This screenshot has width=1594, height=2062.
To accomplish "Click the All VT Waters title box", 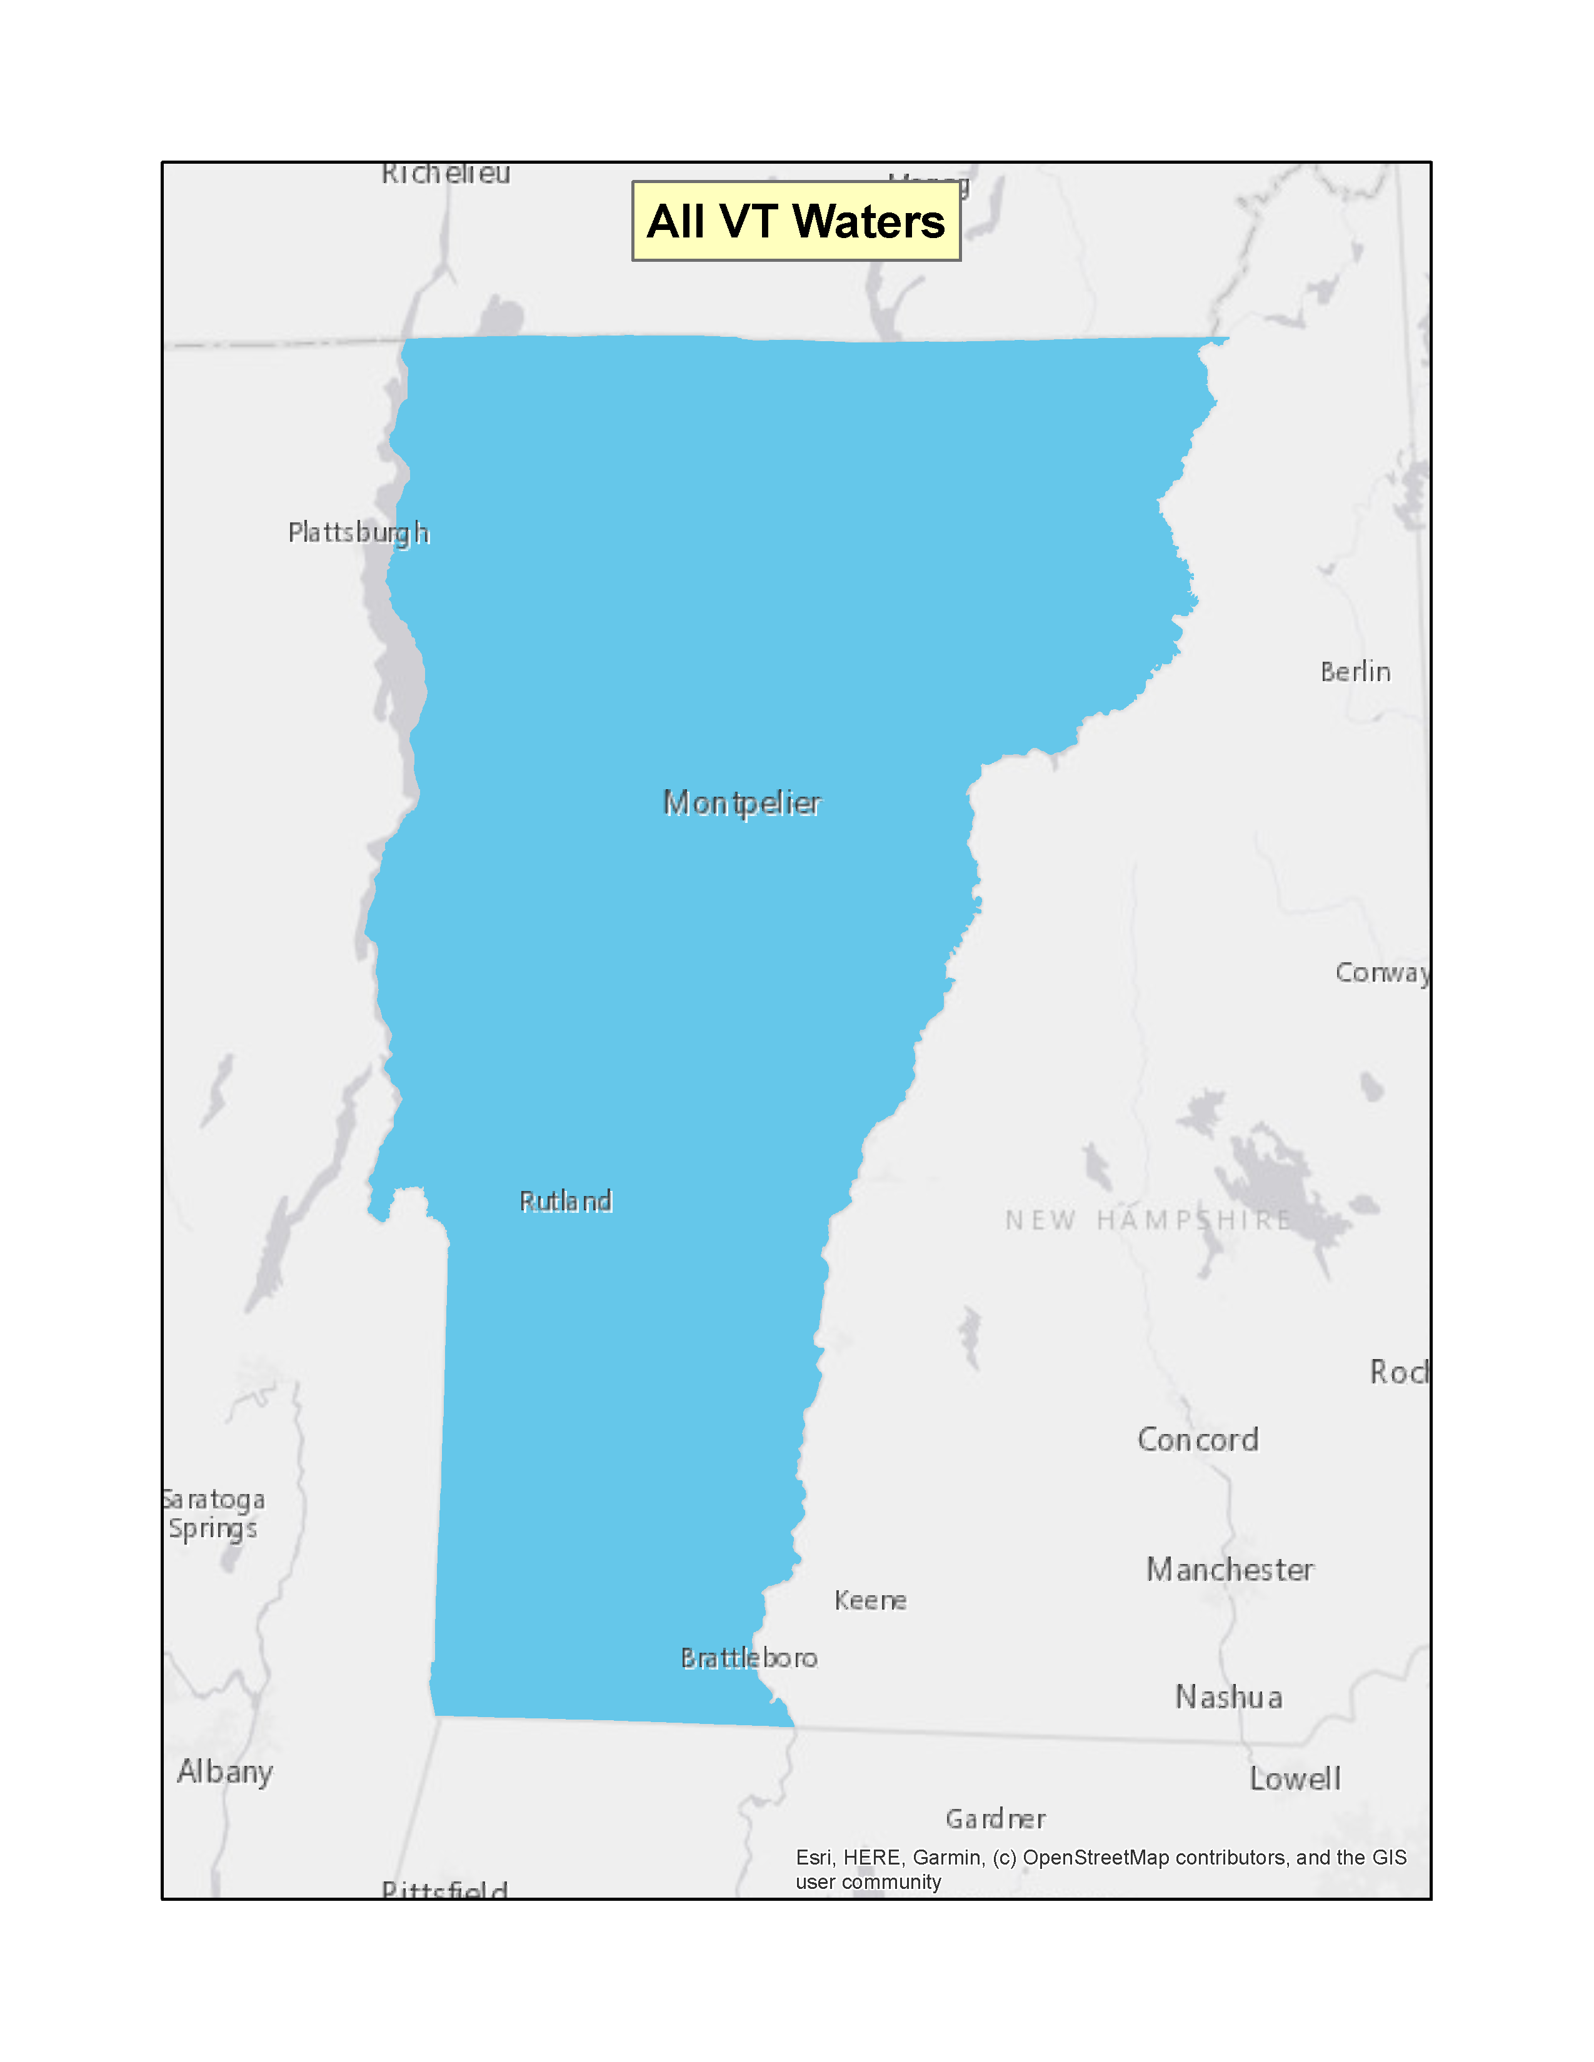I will point(796,221).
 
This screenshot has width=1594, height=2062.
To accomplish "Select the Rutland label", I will point(566,1201).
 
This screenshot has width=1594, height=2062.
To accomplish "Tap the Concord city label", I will point(1198,1440).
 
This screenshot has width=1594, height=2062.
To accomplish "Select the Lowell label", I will point(1295,1779).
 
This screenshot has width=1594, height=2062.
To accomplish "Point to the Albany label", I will point(225,1772).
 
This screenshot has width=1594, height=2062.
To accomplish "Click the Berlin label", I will point(1355,672).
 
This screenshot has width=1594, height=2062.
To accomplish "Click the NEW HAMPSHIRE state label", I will point(1147,1221).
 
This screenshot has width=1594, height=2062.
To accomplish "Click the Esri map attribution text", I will point(1100,1870).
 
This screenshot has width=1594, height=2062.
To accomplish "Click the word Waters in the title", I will point(869,222).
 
